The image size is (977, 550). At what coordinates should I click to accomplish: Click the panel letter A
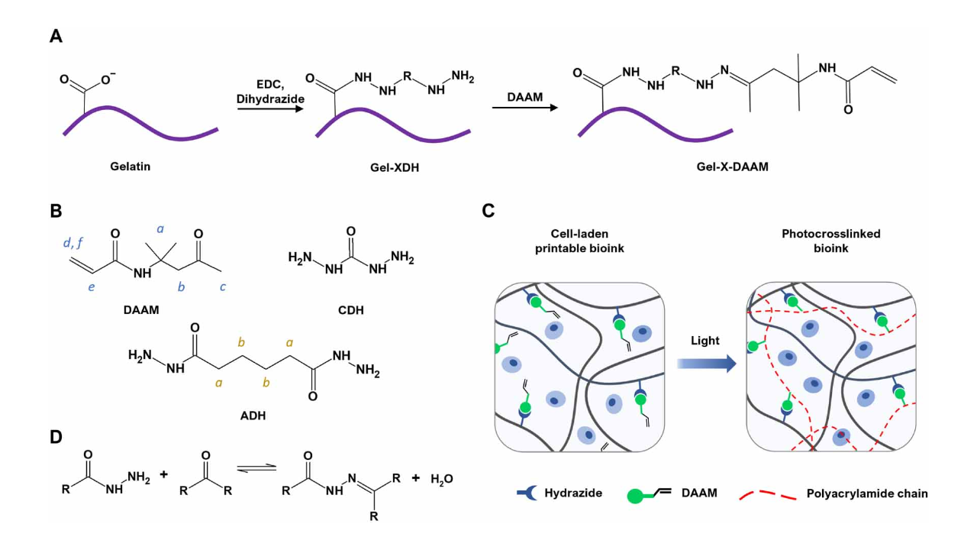click(56, 36)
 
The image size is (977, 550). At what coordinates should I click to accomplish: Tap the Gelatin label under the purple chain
click(130, 167)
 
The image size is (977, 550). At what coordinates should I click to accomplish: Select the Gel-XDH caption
click(395, 167)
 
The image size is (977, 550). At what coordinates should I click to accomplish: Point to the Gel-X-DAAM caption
click(732, 167)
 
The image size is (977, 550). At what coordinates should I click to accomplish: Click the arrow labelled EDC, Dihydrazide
click(270, 108)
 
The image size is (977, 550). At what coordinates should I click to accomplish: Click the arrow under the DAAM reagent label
click(525, 108)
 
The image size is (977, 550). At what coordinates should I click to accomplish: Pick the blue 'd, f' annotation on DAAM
click(73, 242)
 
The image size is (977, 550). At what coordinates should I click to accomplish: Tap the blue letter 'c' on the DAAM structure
click(222, 286)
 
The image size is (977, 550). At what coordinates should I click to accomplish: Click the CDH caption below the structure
click(350, 310)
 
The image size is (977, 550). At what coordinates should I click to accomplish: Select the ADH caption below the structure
click(253, 415)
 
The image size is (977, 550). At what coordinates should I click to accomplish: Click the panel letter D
click(56, 437)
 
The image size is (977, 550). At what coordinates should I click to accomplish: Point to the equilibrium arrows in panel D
click(256, 467)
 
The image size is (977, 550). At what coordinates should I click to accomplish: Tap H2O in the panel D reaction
click(442, 479)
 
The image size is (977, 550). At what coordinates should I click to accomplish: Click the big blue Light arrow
click(707, 363)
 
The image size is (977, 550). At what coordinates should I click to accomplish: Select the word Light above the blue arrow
click(705, 341)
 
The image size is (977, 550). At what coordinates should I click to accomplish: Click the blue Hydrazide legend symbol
click(527, 493)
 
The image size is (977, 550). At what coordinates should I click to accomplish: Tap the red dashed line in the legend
click(768, 494)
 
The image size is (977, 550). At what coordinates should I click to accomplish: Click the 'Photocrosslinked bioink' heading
click(831, 241)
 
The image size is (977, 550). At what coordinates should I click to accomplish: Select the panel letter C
click(488, 211)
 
